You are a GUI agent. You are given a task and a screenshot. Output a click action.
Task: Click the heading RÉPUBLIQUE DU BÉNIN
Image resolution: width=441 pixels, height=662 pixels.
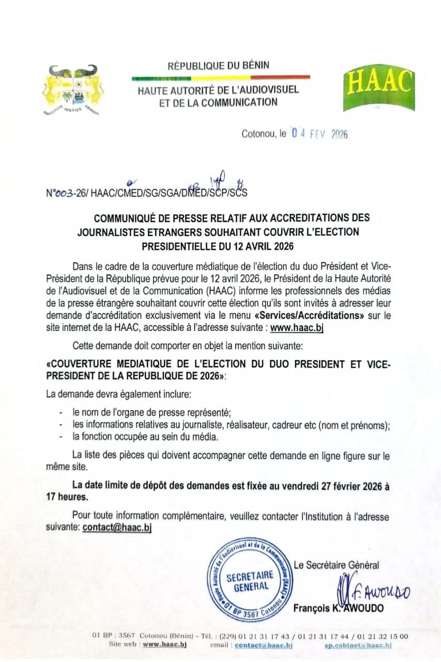pos(218,66)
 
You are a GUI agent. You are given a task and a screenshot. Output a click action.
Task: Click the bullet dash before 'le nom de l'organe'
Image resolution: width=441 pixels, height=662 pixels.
pos(62,412)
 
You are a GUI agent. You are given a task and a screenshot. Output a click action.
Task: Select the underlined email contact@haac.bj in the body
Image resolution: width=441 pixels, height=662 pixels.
pos(117,528)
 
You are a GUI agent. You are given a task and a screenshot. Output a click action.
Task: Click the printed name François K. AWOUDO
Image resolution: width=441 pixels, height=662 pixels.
pos(338,608)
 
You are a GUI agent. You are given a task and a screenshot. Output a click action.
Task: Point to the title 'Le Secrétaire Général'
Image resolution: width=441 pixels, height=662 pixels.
pos(336,565)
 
